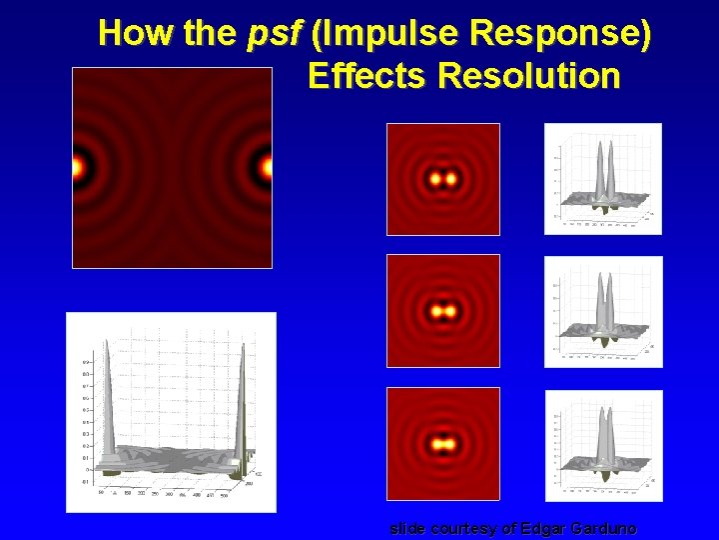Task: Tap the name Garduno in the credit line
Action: pos(601,528)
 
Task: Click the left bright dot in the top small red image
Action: pos(434,180)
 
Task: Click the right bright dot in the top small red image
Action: pos(451,180)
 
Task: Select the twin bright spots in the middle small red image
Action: pos(442,311)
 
